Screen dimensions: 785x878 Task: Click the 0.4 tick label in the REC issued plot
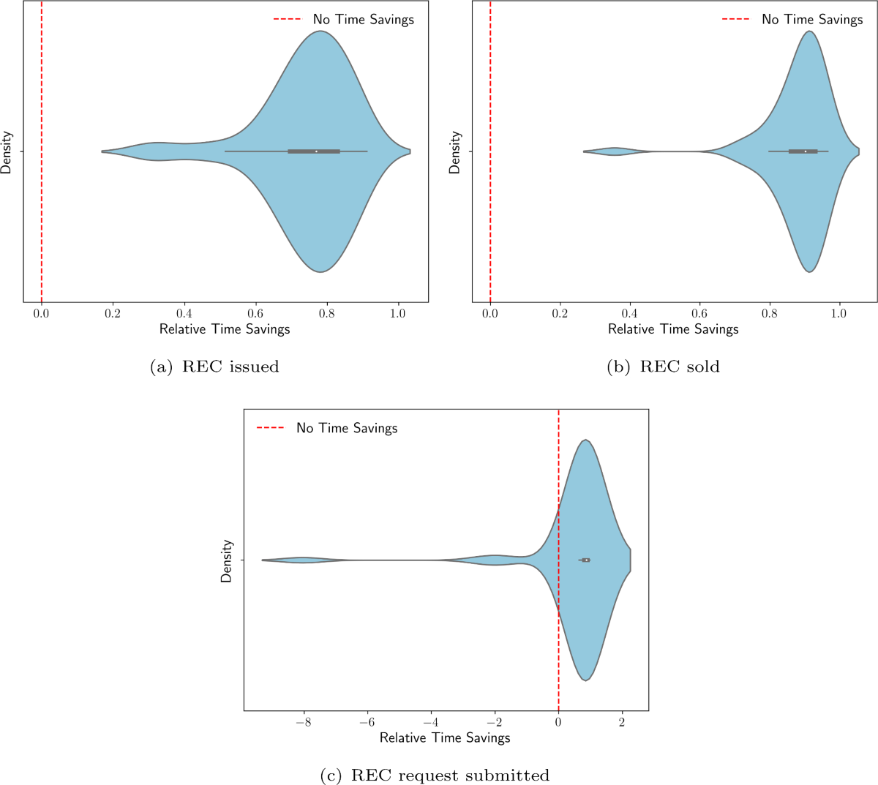[184, 313]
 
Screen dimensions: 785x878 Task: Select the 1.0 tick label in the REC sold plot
[838, 313]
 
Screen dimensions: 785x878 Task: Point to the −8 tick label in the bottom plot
[304, 721]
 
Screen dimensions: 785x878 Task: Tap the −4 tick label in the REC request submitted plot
[431, 721]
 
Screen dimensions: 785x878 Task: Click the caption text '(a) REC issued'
[214, 367]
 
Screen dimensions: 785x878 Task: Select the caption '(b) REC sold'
[663, 367]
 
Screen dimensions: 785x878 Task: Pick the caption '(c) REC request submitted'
[435, 775]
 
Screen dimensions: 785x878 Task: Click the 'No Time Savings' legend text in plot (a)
[363, 20]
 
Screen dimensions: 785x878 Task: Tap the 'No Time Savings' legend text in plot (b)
[812, 20]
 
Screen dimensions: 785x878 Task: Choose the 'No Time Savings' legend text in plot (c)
[347, 428]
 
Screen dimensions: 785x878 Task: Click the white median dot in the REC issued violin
[316, 151]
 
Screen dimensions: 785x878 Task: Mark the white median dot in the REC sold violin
[805, 151]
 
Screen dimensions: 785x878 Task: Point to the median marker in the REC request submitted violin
[587, 560]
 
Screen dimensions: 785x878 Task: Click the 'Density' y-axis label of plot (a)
[7, 152]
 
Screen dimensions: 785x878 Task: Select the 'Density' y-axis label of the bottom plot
[226, 561]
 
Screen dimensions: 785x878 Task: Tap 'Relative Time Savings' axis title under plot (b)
[673, 329]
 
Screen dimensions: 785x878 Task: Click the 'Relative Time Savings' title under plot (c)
[445, 737]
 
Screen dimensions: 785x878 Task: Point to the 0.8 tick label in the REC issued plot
[327, 313]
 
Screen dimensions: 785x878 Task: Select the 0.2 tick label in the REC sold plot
[560, 313]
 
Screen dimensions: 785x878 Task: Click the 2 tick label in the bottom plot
[622, 721]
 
